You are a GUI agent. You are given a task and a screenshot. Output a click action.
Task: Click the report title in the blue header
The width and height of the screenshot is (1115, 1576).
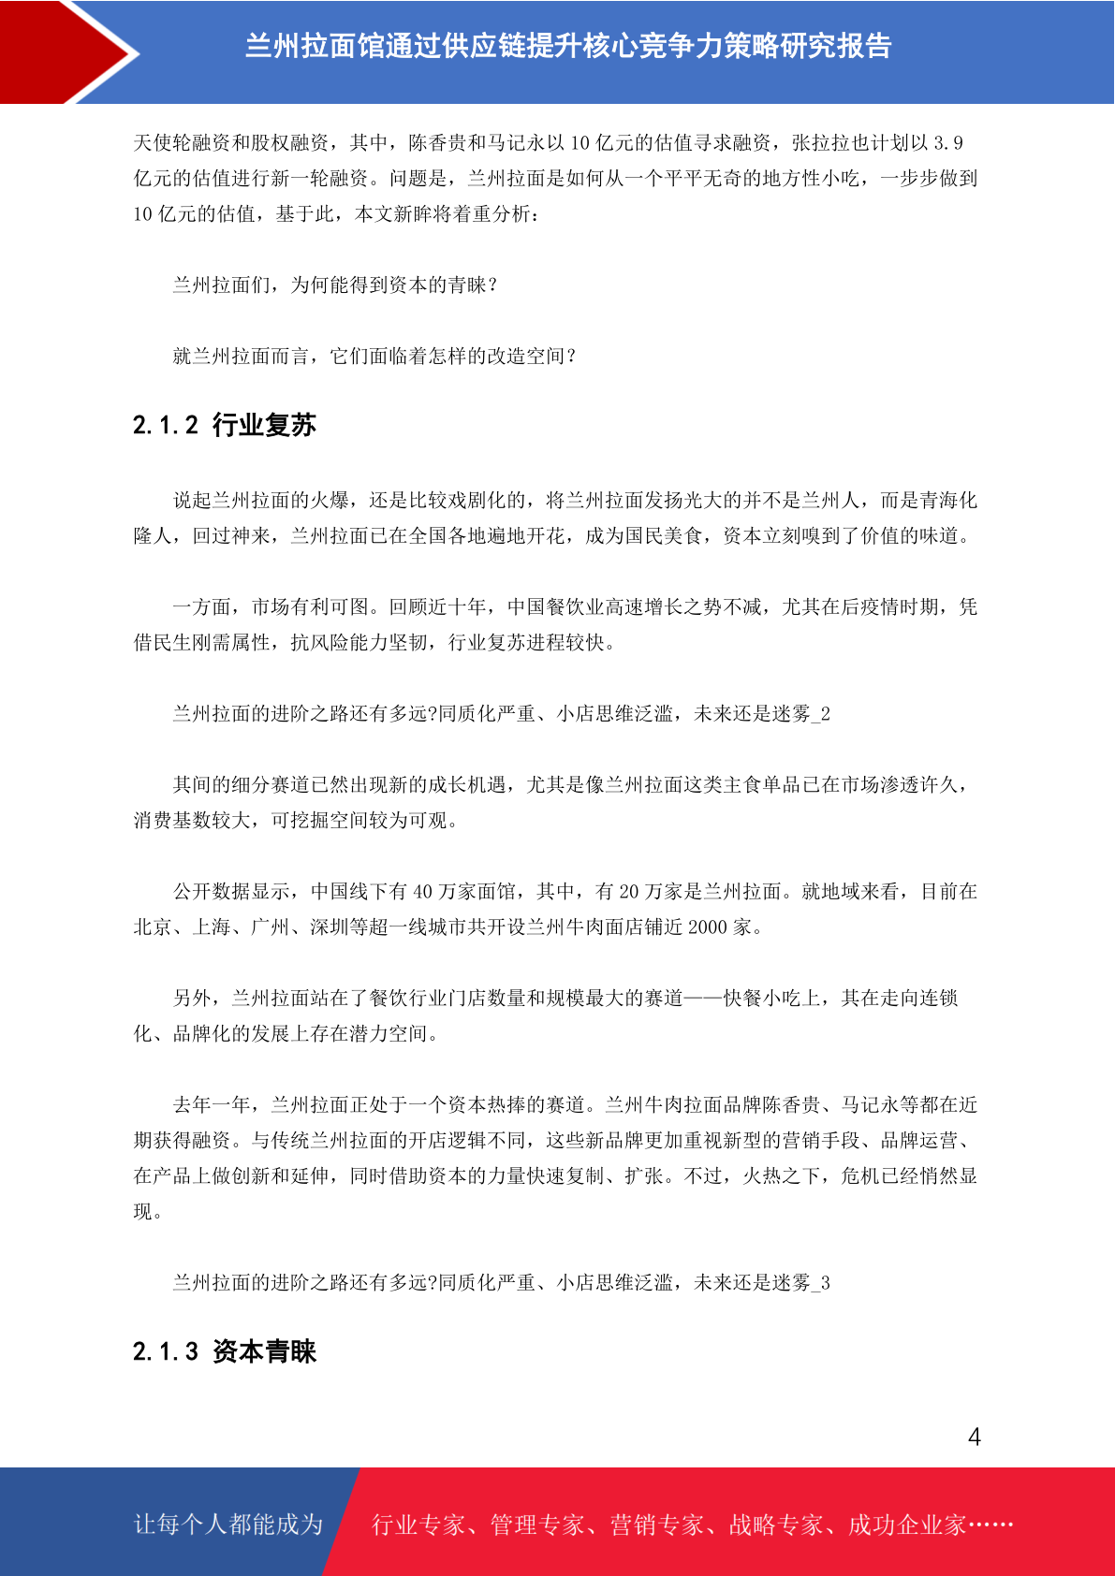(x=567, y=46)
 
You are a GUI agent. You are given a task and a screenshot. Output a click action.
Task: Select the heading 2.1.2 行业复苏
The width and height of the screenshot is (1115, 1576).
(x=225, y=425)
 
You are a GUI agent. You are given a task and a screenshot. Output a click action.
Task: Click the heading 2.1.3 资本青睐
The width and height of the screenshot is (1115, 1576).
(x=225, y=1351)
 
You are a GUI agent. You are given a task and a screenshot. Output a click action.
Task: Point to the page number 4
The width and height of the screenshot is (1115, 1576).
(x=974, y=1437)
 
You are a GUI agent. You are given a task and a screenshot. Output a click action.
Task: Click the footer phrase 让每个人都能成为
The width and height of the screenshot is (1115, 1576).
(x=228, y=1525)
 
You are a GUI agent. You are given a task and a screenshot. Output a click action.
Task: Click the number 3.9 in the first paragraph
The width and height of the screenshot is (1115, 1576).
(x=948, y=143)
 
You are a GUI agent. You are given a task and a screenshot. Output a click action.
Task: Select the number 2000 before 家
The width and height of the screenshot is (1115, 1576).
(x=708, y=927)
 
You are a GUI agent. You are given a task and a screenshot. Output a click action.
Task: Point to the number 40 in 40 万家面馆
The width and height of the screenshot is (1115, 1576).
(x=423, y=892)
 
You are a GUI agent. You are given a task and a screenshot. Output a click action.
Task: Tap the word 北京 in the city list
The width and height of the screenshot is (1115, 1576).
(x=153, y=927)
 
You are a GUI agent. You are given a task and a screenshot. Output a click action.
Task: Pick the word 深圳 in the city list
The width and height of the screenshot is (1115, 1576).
(x=330, y=927)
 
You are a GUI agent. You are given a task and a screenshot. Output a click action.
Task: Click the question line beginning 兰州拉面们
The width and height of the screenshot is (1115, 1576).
(x=334, y=285)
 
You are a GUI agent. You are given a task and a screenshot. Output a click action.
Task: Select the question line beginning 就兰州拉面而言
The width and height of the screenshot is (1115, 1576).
(x=374, y=357)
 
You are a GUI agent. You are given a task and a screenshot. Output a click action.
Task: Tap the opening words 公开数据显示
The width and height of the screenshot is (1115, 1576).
(x=231, y=892)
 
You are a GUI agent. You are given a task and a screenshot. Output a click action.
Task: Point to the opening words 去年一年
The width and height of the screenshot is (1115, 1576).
(x=212, y=1105)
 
